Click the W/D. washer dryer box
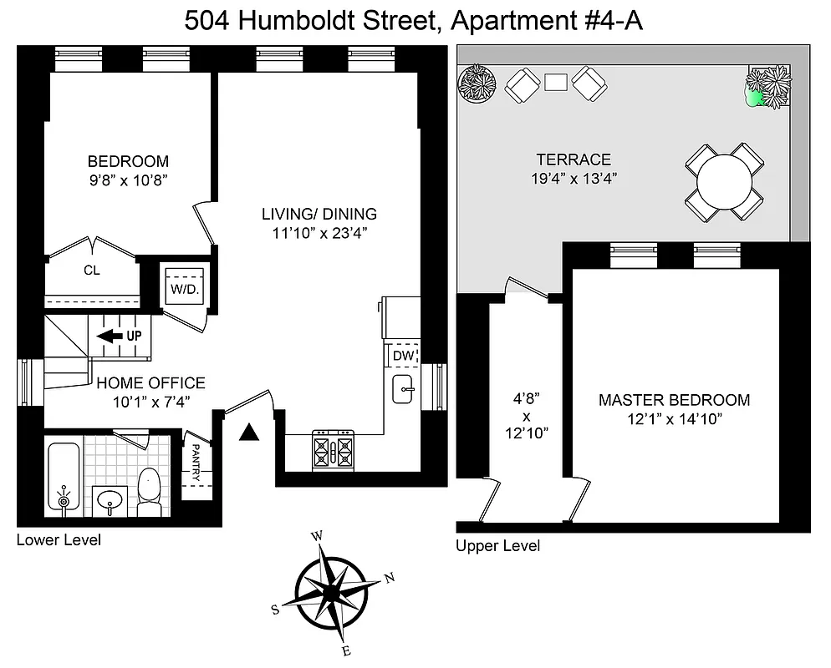pos(182,288)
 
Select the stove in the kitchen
pos(334,451)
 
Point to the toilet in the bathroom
pos(149,493)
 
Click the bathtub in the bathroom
pos(63,477)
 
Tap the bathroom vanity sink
pos(110,501)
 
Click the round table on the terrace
pos(725,181)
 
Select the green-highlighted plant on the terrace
pos(756,98)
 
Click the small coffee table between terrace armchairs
pos(556,81)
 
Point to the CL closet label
pos(92,271)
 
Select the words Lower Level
pos(59,540)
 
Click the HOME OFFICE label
pos(150,383)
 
